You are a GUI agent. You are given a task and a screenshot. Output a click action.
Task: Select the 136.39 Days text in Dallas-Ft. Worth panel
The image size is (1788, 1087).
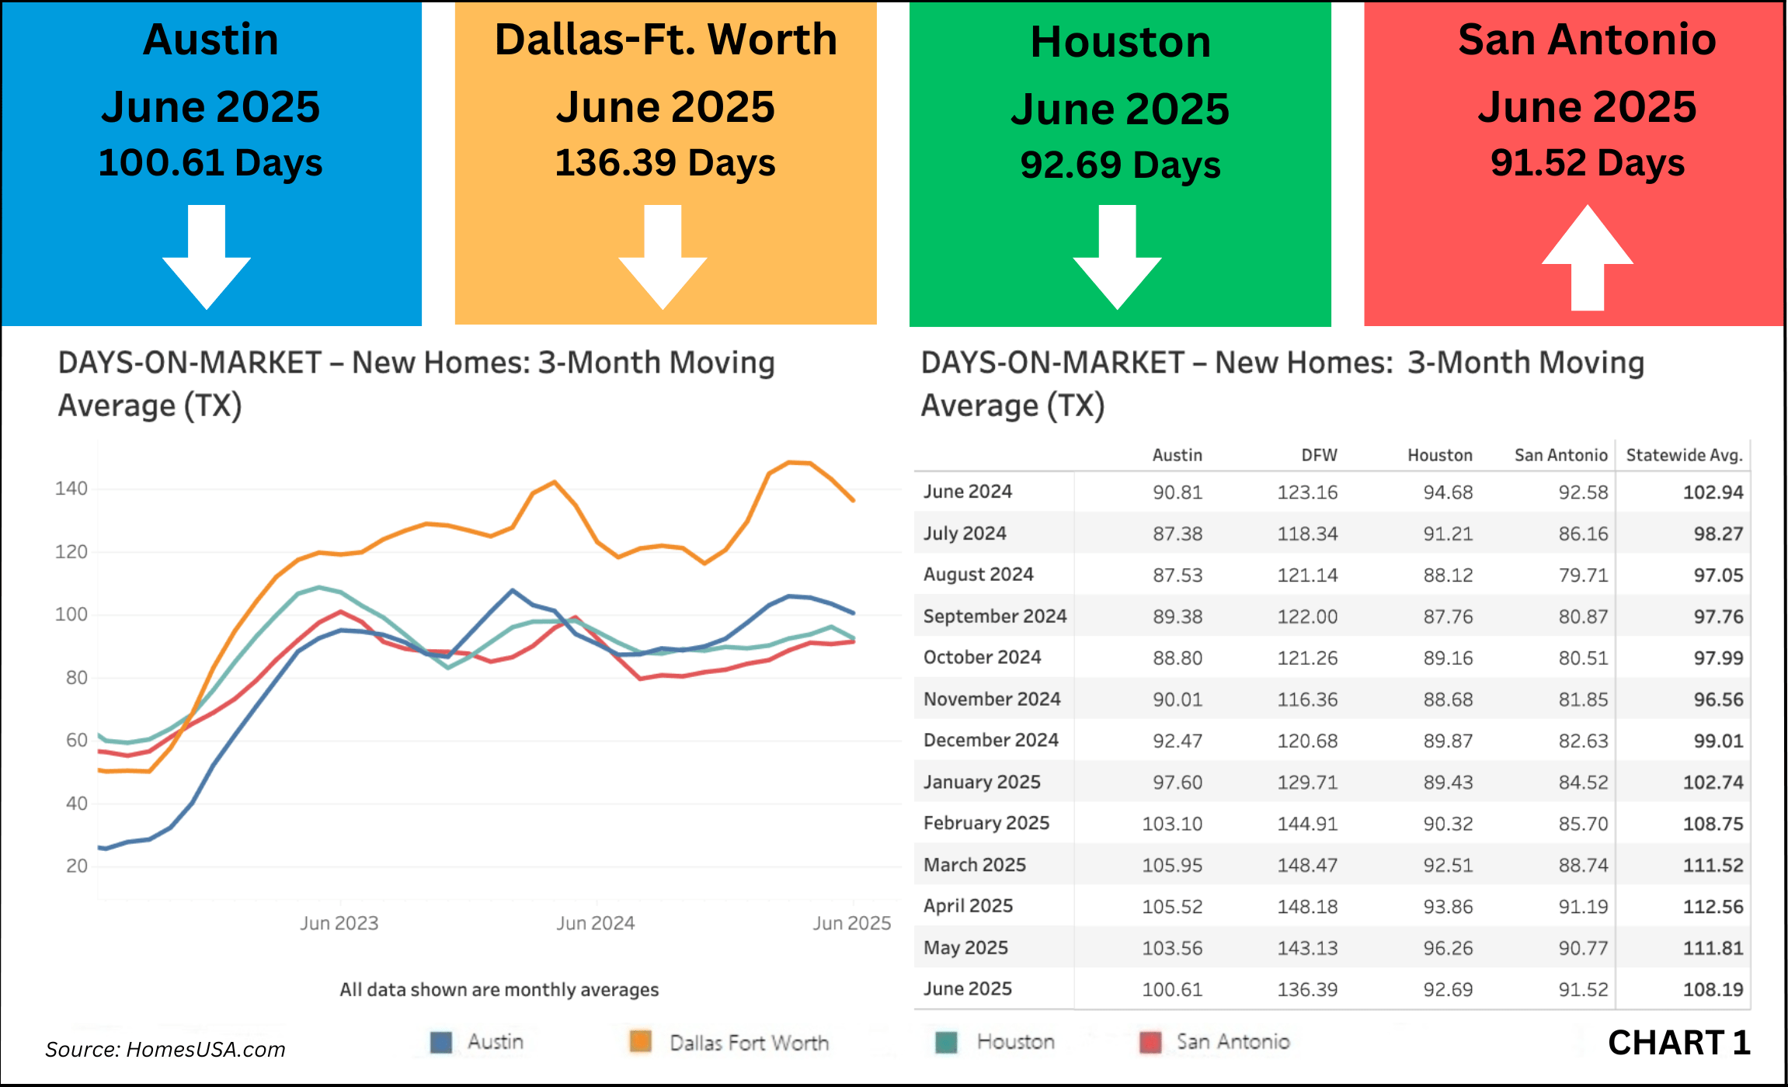pyautogui.click(x=665, y=163)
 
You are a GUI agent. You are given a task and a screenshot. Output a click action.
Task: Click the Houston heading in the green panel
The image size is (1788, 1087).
pyautogui.click(x=1120, y=42)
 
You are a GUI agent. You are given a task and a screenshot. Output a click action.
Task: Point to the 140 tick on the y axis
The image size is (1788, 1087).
pyautogui.click(x=71, y=488)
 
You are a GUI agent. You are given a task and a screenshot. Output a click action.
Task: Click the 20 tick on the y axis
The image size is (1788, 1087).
pyautogui.click(x=76, y=866)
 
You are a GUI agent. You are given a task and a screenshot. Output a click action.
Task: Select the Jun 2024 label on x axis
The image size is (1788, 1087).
pyautogui.click(x=595, y=923)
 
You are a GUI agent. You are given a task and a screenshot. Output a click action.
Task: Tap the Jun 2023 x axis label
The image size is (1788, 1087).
pyautogui.click(x=339, y=923)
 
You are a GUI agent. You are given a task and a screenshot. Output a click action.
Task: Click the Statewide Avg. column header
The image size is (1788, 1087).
pyautogui.click(x=1684, y=455)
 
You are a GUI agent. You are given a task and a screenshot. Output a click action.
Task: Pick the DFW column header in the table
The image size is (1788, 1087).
pyautogui.click(x=1319, y=455)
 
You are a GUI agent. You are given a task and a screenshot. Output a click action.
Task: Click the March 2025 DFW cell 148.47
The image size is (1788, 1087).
pyautogui.click(x=1307, y=865)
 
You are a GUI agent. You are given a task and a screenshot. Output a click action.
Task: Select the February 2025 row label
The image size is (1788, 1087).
pyautogui.click(x=986, y=823)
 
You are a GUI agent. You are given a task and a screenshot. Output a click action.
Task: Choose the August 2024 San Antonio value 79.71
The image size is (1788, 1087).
pyautogui.click(x=1583, y=575)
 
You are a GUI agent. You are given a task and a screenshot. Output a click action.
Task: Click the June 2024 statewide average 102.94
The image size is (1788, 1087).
pyautogui.click(x=1713, y=492)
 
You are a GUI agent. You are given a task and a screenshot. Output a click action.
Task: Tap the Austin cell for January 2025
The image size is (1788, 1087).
pyautogui.click(x=1177, y=782)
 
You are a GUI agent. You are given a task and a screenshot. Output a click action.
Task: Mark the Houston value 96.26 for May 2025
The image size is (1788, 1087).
pyautogui.click(x=1448, y=948)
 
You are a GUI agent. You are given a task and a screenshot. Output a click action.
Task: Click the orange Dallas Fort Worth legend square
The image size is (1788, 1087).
pyautogui.click(x=640, y=1042)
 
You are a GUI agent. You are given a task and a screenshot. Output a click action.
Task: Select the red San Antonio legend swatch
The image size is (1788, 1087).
pyautogui.click(x=1150, y=1042)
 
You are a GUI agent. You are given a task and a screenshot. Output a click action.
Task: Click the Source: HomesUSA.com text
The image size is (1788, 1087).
pyautogui.click(x=165, y=1050)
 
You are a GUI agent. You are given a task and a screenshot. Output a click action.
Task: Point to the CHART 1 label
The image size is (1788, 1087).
pyautogui.click(x=1678, y=1043)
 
